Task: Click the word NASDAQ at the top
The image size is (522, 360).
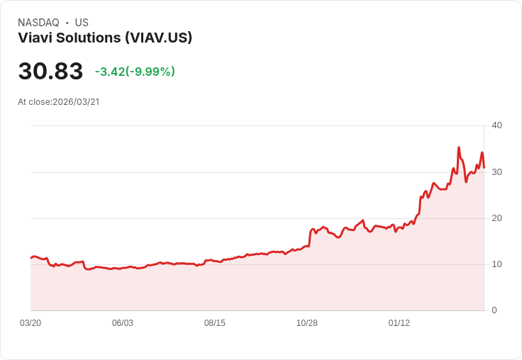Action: coord(38,23)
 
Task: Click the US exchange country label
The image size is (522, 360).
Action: coord(82,23)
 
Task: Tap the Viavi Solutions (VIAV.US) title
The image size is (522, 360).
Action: coord(105,38)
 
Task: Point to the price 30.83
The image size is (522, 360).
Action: coord(50,72)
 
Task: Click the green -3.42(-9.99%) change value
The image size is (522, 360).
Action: coord(135,72)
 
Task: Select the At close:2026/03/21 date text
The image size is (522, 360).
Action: coord(59,102)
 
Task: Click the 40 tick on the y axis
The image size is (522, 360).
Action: coord(497,125)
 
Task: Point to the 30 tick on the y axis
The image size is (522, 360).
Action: coord(497,172)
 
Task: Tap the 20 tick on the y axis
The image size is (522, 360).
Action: coord(497,218)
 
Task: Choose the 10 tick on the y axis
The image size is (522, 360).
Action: coord(497,264)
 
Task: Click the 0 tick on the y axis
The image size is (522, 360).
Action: coord(494,310)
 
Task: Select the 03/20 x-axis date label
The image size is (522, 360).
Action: coord(30,323)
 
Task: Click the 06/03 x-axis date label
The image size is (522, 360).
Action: coord(123,323)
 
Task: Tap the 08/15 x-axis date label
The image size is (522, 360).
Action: coord(215,323)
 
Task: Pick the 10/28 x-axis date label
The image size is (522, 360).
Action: coord(307,323)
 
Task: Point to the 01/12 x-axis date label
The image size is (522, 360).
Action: coord(399,323)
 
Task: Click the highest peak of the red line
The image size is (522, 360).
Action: coord(459,147)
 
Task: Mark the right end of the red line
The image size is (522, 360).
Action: coord(484,168)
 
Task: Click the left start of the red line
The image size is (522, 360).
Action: coord(31,257)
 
